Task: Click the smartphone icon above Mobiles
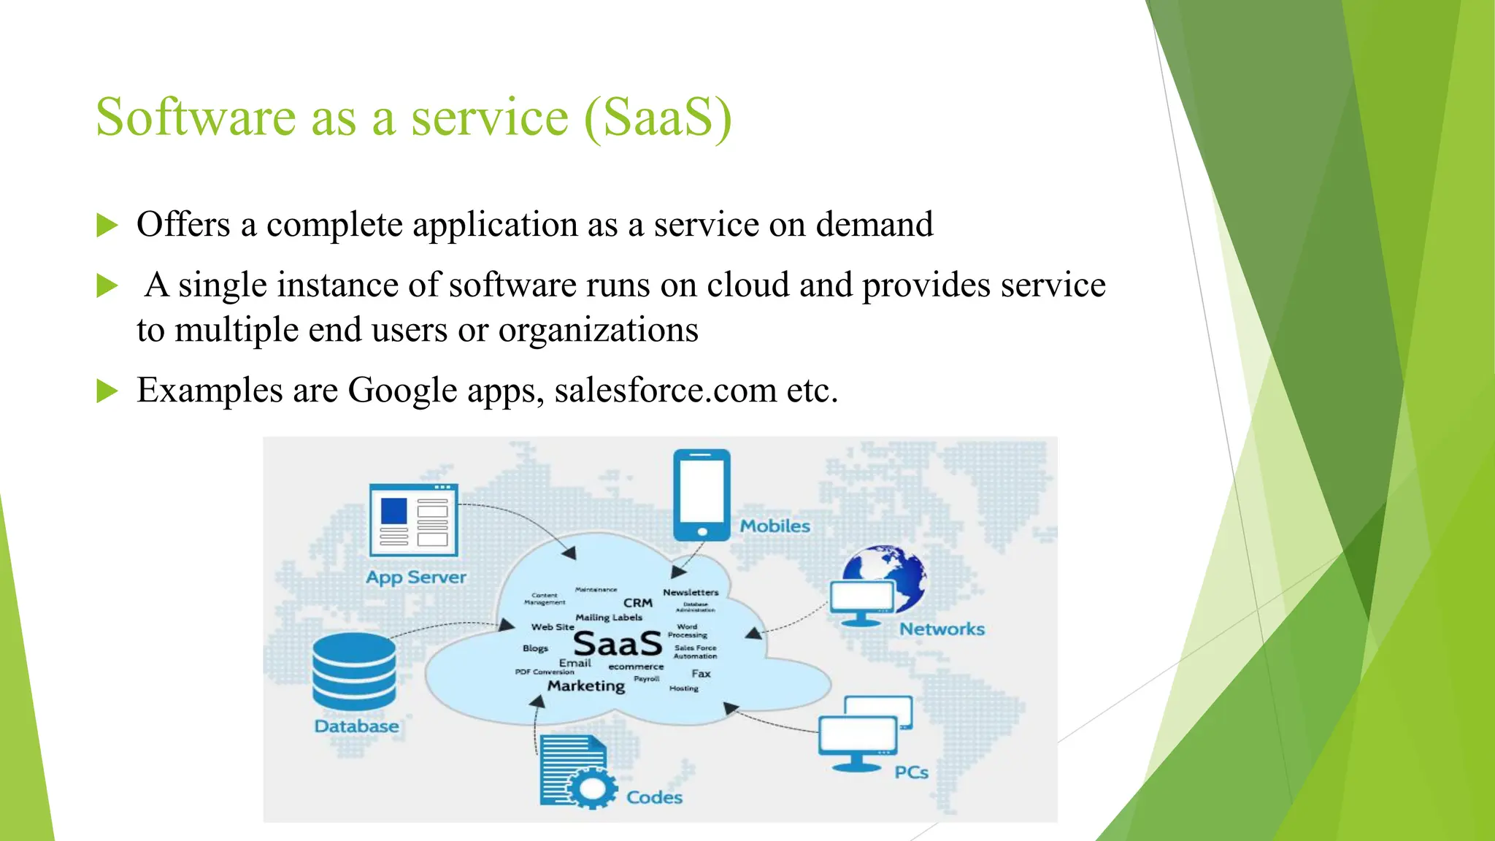(702, 494)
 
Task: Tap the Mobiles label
(775, 526)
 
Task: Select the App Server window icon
(413, 519)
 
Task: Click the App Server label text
(415, 577)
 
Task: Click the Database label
(356, 726)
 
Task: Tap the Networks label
(942, 629)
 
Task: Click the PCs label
(911, 772)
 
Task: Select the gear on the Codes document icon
(591, 788)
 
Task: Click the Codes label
(654, 797)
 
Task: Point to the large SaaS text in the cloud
(618, 644)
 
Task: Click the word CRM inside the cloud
(637, 602)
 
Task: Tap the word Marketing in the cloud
(586, 686)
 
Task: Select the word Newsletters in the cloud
(691, 592)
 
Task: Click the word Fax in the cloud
(701, 673)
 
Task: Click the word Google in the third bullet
(402, 390)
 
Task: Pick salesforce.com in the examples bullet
(665, 390)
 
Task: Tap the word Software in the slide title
(196, 117)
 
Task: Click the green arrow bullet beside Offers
(107, 225)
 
